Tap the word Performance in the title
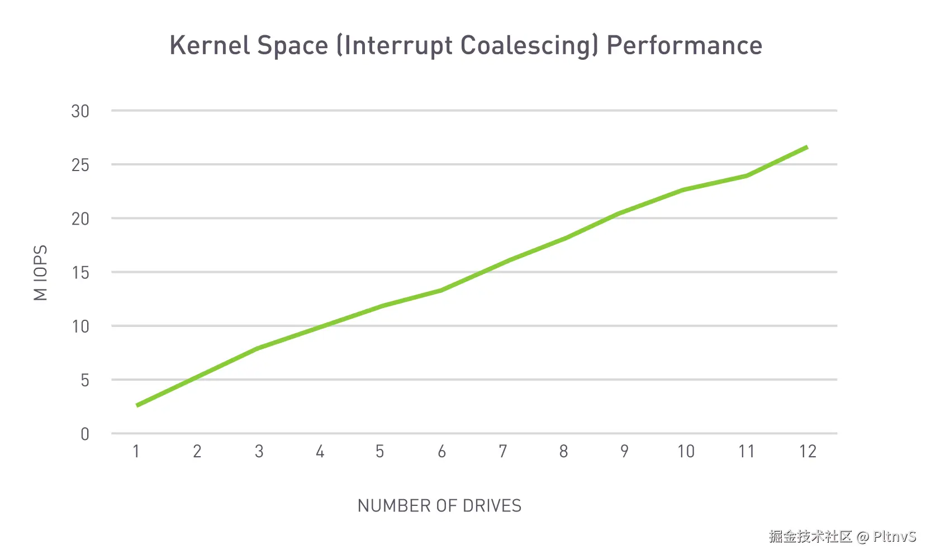click(x=684, y=45)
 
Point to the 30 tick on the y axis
click(x=80, y=111)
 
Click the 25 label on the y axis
click(x=80, y=165)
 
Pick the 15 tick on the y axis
click(x=80, y=273)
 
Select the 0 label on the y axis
click(x=84, y=434)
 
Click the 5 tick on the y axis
click(x=84, y=380)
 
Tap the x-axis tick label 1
click(x=136, y=451)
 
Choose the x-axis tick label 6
click(x=441, y=451)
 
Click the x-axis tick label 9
click(x=624, y=451)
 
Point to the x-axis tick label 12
click(x=807, y=451)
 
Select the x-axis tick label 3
click(x=259, y=451)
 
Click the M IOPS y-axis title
click(x=41, y=273)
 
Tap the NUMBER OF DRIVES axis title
click(x=439, y=506)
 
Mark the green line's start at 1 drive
click(x=137, y=405)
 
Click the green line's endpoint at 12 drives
click(x=807, y=147)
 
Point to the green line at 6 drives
click(x=441, y=290)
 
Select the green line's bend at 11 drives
click(x=746, y=176)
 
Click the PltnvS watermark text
click(x=894, y=537)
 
